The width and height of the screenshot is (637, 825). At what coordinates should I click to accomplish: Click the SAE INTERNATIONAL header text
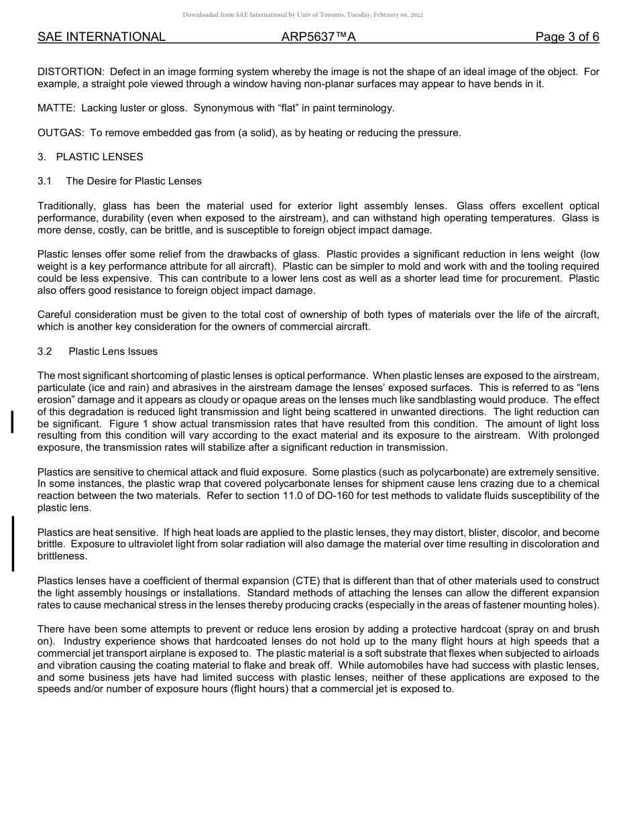pos(101,37)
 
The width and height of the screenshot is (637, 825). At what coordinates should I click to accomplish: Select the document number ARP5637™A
pos(318,37)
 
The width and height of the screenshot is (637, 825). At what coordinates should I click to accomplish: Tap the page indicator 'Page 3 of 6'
pos(567,37)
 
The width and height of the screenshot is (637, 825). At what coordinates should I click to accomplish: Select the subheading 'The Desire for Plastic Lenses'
pos(133,181)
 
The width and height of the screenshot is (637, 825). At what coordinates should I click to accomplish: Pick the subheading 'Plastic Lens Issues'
pos(113,351)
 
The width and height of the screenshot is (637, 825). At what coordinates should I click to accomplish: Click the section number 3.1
pos(45,181)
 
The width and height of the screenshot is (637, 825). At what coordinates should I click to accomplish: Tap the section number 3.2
pos(45,351)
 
